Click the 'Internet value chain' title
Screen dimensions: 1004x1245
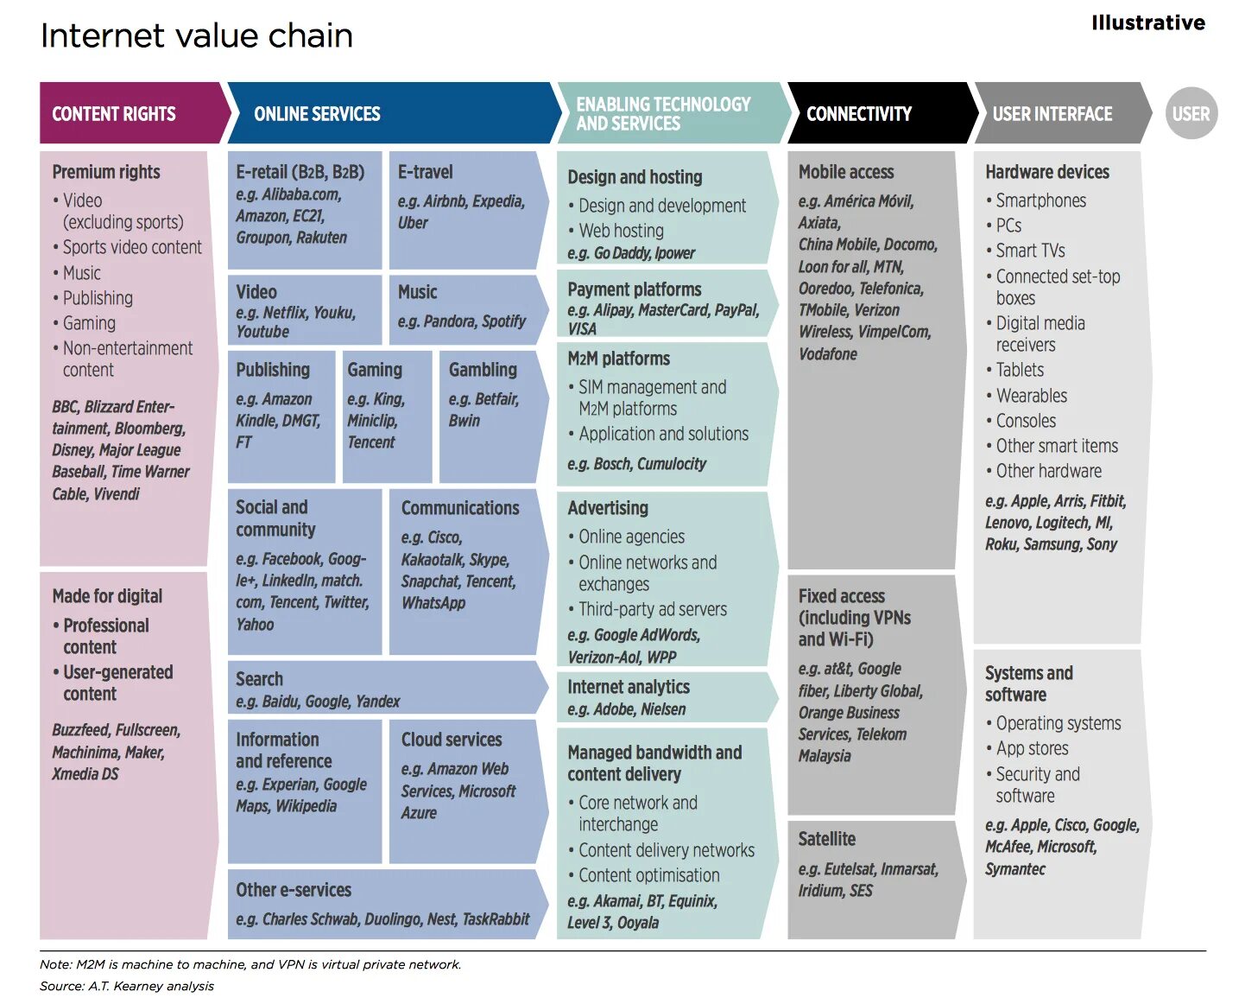[196, 36]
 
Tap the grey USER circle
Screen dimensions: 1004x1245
[1191, 113]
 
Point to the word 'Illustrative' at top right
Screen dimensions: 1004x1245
[1147, 22]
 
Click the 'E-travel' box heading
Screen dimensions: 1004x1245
[425, 172]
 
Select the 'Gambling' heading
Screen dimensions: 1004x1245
[483, 370]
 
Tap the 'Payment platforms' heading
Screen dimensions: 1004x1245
[634, 289]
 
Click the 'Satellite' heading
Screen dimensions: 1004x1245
[826, 839]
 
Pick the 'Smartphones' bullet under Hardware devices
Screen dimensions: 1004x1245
[1040, 200]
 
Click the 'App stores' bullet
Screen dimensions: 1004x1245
[1032, 748]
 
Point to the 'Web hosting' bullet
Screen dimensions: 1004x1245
[621, 231]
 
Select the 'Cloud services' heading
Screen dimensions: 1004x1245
[451, 740]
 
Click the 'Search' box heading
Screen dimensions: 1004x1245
[259, 679]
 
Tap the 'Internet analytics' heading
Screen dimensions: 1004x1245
[628, 687]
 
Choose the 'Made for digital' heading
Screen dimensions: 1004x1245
[107, 596]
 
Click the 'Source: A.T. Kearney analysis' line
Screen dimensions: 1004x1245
[127, 986]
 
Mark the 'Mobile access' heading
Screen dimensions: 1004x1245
[845, 172]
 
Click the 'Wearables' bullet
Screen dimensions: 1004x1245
[1031, 396]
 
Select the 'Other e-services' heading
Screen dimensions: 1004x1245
[294, 890]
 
